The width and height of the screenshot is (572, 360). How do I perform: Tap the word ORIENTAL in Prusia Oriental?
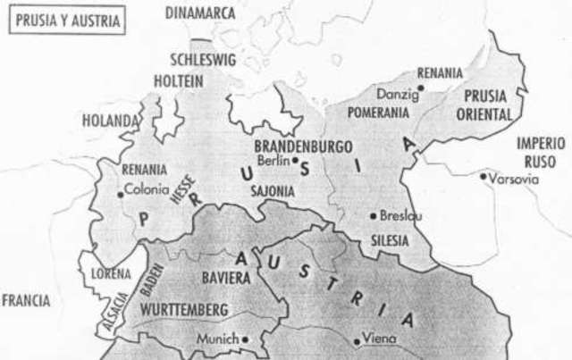[484, 115]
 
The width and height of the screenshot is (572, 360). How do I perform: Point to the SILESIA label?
[390, 241]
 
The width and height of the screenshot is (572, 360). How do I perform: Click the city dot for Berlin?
[295, 161]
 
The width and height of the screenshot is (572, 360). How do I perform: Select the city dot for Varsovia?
[484, 177]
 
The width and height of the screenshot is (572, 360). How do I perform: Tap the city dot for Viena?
[357, 339]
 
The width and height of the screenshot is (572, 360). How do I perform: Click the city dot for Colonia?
[121, 192]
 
